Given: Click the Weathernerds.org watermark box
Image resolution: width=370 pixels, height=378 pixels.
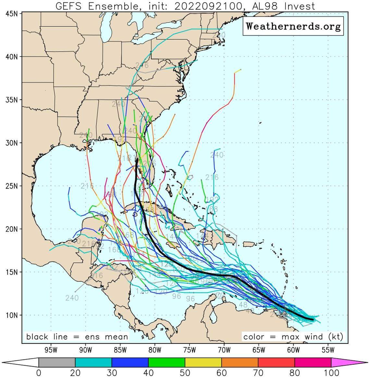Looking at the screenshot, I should [x=293, y=26].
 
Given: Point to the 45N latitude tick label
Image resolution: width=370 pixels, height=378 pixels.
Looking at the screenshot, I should [x=11, y=14].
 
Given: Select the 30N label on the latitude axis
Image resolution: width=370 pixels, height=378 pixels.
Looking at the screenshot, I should [x=11, y=143].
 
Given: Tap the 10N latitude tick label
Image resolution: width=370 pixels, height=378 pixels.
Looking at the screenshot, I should [x=11, y=315].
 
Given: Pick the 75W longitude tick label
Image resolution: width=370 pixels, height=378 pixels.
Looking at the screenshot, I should [x=189, y=350].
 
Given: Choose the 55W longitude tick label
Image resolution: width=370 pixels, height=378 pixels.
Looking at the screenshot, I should [x=328, y=350].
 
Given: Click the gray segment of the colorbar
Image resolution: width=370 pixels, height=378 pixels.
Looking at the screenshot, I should [x=57, y=362].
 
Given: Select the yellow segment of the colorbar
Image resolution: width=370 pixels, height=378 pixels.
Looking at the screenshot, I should [x=203, y=362].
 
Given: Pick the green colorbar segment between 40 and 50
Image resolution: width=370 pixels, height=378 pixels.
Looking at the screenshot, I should [x=166, y=362].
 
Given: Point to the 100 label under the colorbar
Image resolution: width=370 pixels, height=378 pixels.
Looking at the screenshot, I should [x=331, y=373].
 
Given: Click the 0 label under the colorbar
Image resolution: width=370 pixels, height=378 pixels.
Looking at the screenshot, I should [x=39, y=373].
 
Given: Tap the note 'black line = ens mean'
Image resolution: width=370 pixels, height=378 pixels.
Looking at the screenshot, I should [x=77, y=336].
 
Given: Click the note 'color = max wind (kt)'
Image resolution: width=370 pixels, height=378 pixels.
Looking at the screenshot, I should [x=293, y=336].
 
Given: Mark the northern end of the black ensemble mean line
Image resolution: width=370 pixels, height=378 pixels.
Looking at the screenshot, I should [x=137, y=159].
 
